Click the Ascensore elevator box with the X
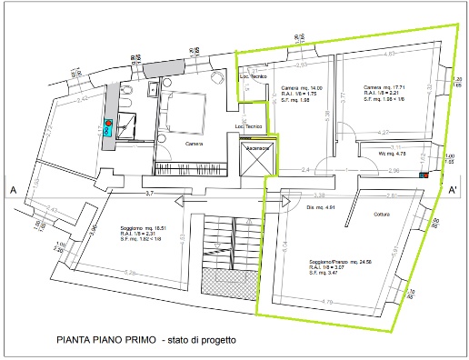point(256,155)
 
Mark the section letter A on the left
point(12,190)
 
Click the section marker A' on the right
point(451,190)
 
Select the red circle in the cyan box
point(108,123)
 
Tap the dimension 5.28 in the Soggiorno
point(130,273)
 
